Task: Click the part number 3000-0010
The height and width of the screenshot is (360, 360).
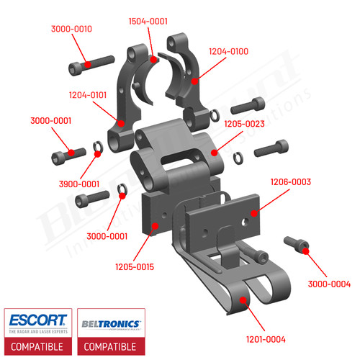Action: [71, 29]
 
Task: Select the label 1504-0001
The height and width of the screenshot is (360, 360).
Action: [148, 22]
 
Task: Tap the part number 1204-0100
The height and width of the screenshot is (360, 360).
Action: [228, 52]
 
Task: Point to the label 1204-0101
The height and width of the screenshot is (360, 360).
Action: [88, 94]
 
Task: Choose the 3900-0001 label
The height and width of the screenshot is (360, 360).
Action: [79, 184]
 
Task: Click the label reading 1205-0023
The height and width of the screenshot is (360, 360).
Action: [244, 124]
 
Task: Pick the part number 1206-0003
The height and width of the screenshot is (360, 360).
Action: [290, 182]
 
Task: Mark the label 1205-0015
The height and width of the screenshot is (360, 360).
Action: [135, 267]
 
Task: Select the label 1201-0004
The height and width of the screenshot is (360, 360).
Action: [265, 338]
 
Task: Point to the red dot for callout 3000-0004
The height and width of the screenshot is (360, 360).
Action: [305, 250]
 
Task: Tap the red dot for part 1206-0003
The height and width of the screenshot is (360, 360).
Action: [253, 213]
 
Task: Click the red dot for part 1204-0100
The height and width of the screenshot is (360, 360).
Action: [194, 81]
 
